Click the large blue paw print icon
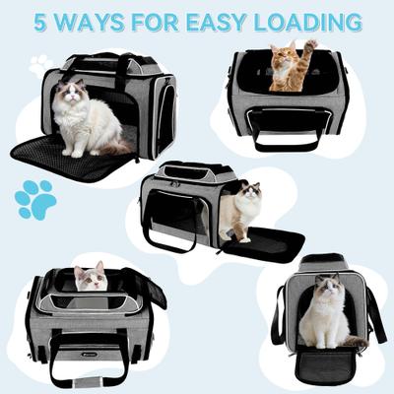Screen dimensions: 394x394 [35, 199]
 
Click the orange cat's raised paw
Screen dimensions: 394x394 [312, 47]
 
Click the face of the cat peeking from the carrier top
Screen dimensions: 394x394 [91, 279]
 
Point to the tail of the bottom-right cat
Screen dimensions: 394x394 [353, 342]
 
